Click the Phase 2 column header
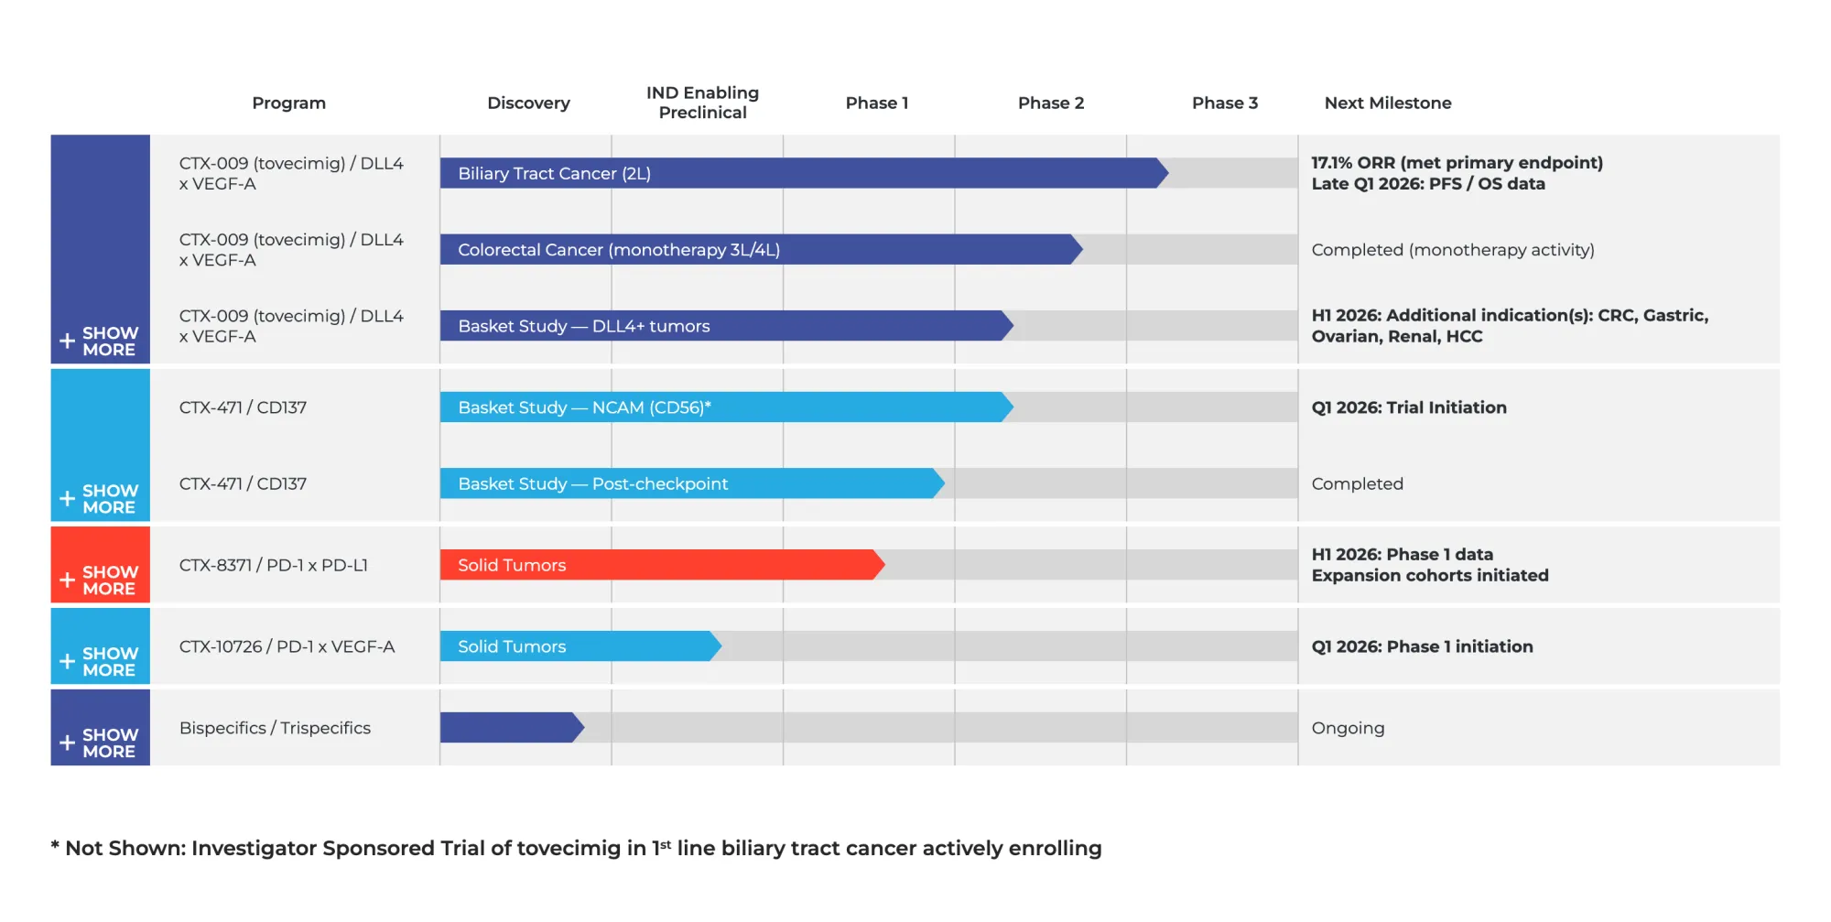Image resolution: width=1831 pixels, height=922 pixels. (1050, 103)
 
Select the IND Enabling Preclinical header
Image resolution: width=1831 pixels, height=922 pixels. (702, 103)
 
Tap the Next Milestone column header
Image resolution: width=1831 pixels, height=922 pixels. (1387, 103)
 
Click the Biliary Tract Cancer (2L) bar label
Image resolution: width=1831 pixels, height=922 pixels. (554, 173)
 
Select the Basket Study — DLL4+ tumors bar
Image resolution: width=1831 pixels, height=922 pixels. (723, 326)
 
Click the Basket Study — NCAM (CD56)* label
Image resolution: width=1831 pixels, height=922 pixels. (584, 407)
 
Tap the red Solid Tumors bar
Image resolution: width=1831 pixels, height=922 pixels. (659, 565)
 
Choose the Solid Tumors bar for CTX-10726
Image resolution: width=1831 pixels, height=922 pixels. (577, 646)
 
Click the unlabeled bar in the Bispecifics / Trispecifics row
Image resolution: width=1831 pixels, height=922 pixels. (509, 728)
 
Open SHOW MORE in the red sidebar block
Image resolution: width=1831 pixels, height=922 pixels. (109, 580)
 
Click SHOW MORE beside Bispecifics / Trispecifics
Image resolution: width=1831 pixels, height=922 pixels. (109, 743)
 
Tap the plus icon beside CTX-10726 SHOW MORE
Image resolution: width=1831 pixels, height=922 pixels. (67, 661)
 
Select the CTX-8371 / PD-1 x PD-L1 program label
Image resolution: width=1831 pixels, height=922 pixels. (273, 565)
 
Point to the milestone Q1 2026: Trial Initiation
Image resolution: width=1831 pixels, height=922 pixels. (1408, 407)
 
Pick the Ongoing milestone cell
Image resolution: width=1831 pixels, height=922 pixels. (1348, 728)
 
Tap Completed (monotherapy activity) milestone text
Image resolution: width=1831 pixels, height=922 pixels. (1452, 250)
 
